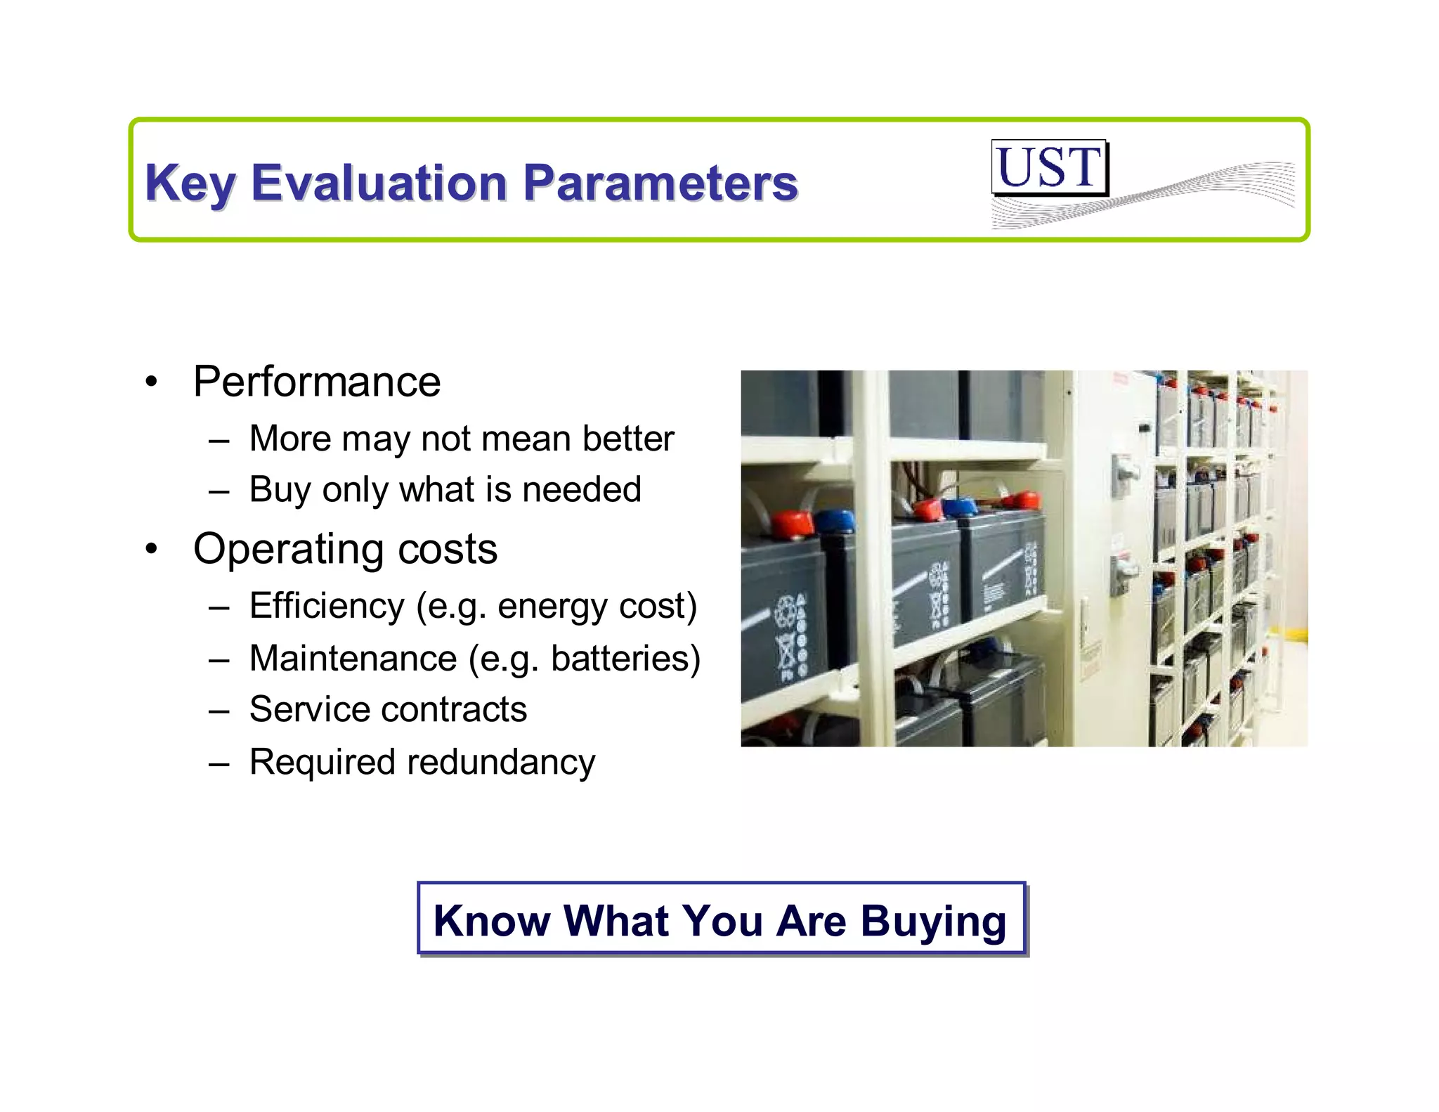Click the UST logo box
[1049, 167]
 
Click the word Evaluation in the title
[379, 183]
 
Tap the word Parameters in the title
[660, 183]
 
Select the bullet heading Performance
[317, 382]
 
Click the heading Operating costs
[345, 548]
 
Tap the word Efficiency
[327, 606]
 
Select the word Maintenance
[353, 659]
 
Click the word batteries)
[625, 659]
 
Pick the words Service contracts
[388, 709]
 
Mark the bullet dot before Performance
[151, 383]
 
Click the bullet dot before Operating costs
[151, 550]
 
